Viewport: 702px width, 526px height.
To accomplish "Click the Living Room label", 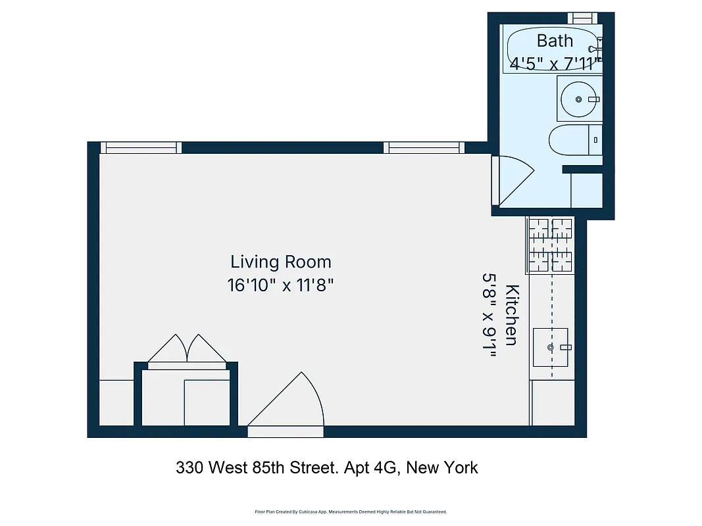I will [x=281, y=262].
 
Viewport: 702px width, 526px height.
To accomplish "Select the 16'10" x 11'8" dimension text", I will [x=281, y=286].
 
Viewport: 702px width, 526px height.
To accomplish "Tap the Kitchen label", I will [x=512, y=315].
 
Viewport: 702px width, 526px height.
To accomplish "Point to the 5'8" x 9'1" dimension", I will [x=489, y=316].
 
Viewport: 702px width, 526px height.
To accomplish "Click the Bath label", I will [x=555, y=41].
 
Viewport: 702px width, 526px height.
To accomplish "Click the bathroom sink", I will [x=579, y=99].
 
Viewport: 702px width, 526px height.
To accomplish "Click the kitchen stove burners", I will [x=549, y=245].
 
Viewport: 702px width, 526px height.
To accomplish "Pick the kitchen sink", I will [x=550, y=347].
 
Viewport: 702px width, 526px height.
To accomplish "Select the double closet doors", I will [x=188, y=349].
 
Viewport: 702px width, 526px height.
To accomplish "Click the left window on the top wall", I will [x=140, y=148].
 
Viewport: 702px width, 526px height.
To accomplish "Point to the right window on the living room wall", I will [x=424, y=148].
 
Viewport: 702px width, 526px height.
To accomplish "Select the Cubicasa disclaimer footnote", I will [x=351, y=512].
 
